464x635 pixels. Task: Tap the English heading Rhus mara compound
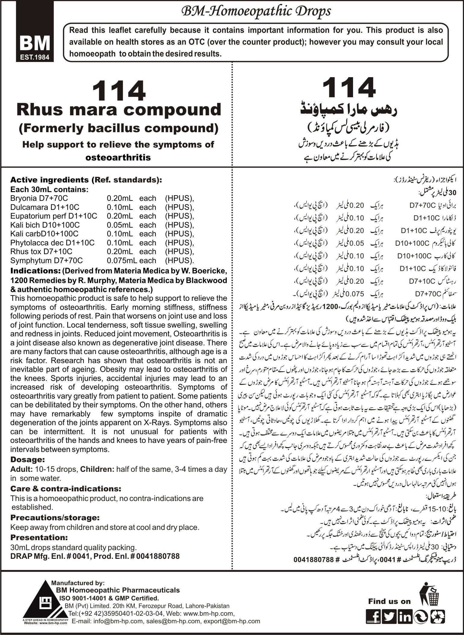click(x=119, y=110)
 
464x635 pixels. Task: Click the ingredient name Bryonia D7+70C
click(x=39, y=198)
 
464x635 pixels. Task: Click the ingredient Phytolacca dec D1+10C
click(x=52, y=243)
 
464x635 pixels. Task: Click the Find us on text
click(x=389, y=601)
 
